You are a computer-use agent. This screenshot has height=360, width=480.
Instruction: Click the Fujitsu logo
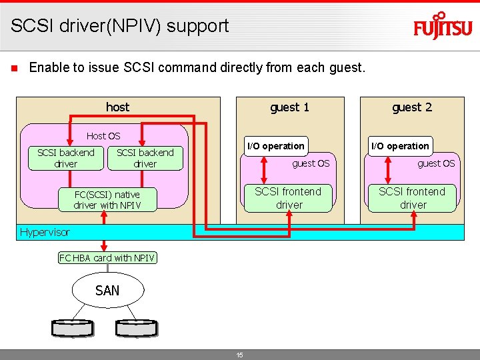point(442,27)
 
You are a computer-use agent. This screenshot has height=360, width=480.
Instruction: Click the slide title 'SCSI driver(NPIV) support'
point(119,26)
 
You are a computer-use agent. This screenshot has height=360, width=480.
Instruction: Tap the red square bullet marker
point(13,68)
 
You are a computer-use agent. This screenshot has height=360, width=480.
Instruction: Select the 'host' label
point(117,107)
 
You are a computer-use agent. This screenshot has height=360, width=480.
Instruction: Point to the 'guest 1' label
point(289,107)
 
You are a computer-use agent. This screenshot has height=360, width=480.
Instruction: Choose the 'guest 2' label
point(411,107)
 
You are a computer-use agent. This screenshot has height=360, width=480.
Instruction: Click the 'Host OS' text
point(103,136)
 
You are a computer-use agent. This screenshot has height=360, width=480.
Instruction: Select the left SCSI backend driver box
point(65,158)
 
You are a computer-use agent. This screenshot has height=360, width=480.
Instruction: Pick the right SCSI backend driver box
point(145,158)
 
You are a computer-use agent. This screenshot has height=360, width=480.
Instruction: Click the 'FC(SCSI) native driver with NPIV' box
point(107,200)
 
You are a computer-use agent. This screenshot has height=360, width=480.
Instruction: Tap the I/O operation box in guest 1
point(275,146)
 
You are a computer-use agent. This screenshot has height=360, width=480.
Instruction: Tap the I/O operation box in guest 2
point(400,146)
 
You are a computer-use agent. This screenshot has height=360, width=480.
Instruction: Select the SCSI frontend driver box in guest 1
point(289,198)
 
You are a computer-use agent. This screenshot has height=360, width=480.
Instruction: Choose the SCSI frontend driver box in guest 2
point(413,198)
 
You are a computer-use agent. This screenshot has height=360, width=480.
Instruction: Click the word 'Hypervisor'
point(45,232)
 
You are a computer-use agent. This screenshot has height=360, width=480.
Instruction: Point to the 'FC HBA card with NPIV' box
point(107,258)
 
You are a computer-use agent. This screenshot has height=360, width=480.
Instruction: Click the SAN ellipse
point(107,290)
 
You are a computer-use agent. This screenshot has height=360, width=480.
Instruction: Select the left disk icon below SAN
point(73,327)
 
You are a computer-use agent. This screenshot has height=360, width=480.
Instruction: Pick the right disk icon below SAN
point(137,327)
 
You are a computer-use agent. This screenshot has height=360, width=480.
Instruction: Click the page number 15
point(239,355)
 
